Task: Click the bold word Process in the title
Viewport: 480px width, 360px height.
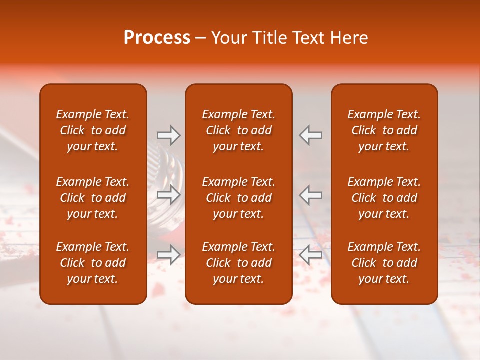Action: pos(157,38)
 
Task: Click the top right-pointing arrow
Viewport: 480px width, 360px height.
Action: pos(169,135)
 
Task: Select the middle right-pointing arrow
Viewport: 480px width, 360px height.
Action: pos(169,195)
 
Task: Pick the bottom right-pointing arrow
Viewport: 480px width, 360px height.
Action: pos(169,255)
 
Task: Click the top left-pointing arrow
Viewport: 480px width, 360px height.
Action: pos(311,135)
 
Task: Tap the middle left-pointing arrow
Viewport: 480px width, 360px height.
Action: pos(311,195)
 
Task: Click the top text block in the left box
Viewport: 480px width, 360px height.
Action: pos(93,130)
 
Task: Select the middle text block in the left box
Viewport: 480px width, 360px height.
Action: pos(93,198)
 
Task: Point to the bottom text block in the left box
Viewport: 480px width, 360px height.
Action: pos(93,263)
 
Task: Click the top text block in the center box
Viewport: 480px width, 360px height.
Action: pos(239,130)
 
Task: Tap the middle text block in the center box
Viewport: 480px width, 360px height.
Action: pos(239,198)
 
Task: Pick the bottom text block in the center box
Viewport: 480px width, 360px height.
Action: pos(239,263)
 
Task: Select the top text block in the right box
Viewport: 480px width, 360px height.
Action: pos(384,130)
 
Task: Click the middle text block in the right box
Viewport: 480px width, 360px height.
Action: pos(384,198)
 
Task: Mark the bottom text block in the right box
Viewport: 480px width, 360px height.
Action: pos(384,263)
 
